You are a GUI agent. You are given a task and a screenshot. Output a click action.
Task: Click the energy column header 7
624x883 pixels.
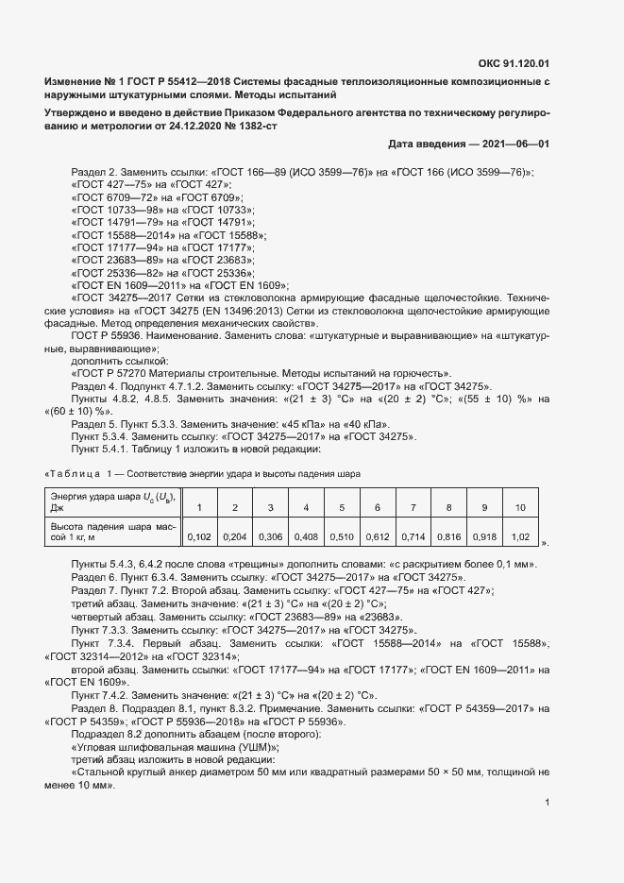[413, 508]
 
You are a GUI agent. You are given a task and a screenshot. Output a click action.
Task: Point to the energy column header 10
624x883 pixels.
[519, 508]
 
